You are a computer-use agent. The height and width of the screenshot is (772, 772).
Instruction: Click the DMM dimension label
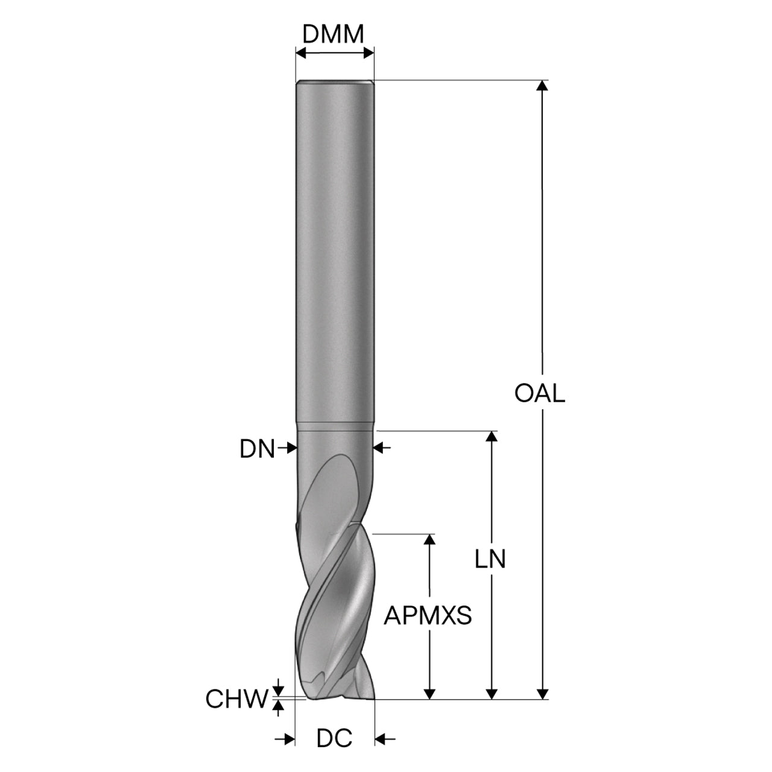pyautogui.click(x=333, y=34)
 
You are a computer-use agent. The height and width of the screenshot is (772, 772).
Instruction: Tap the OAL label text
pyautogui.click(x=539, y=393)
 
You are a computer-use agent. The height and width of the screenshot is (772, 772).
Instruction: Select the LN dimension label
pyautogui.click(x=490, y=559)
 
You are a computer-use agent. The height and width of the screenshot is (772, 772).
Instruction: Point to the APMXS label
pyautogui.click(x=428, y=615)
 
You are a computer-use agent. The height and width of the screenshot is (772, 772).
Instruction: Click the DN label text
pyautogui.click(x=257, y=449)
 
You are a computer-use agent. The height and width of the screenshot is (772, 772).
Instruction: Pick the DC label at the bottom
pyautogui.click(x=334, y=738)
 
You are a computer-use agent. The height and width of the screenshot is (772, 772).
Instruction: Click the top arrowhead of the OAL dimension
pyautogui.click(x=542, y=86)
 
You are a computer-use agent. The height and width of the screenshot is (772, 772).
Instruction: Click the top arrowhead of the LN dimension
pyautogui.click(x=491, y=436)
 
